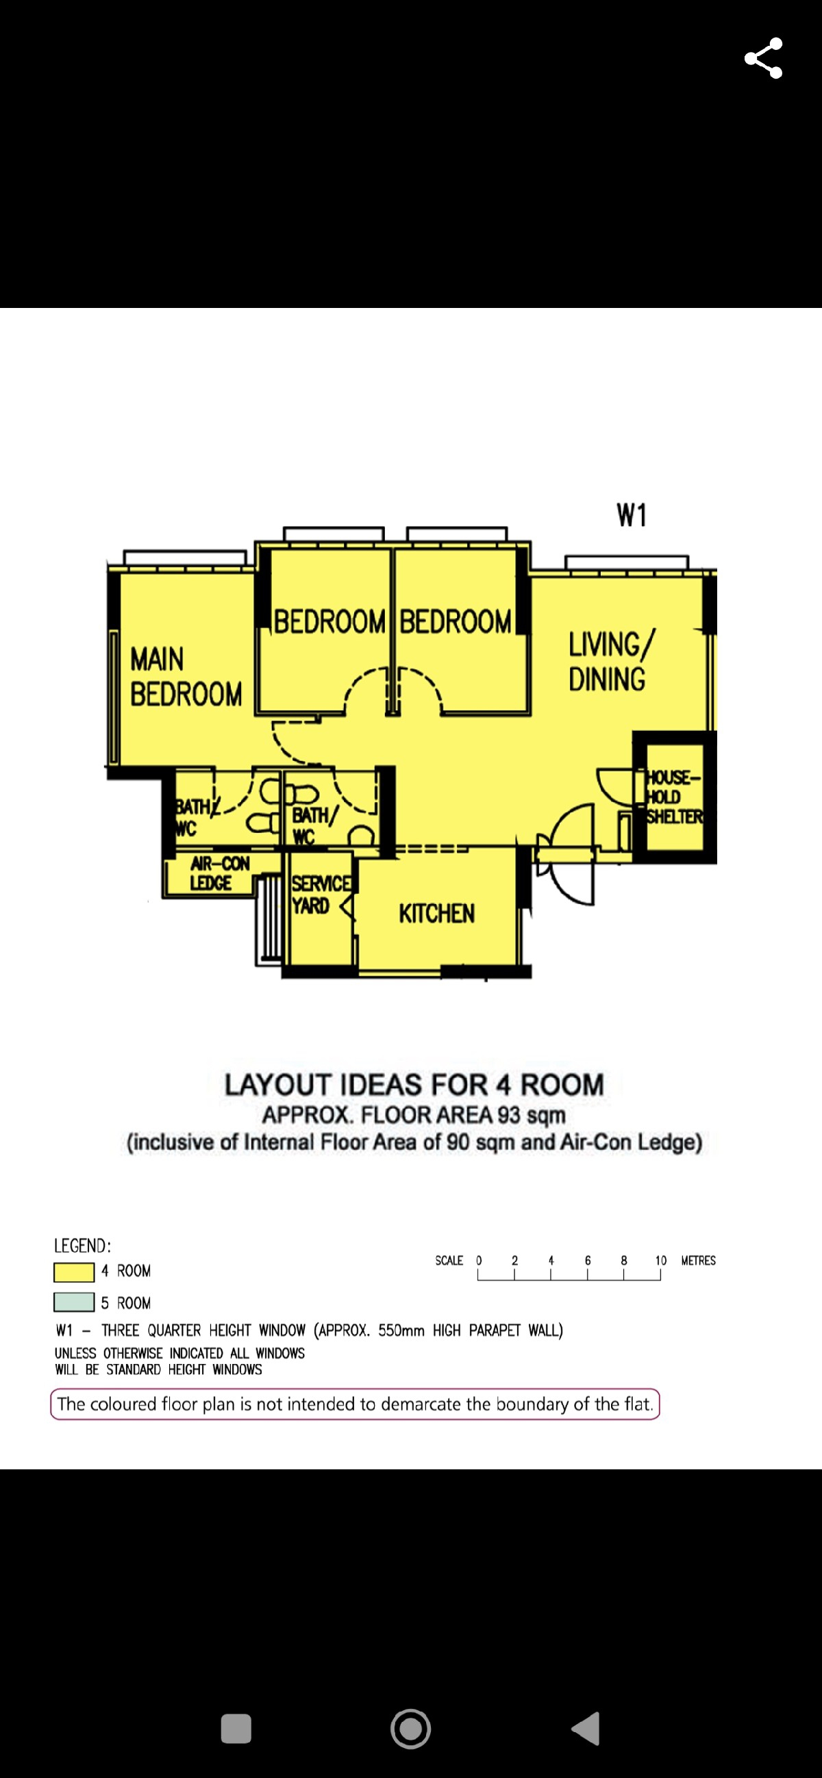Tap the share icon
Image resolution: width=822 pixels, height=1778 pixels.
[763, 58]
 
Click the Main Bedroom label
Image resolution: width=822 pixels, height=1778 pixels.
[186, 676]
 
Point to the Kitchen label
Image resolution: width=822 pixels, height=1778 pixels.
[436, 914]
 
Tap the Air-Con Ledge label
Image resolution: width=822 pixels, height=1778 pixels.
[220, 873]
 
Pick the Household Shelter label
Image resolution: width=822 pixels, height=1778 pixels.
[674, 797]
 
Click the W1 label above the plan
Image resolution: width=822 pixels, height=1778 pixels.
[632, 515]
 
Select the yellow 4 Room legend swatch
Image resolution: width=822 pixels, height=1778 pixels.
[74, 1272]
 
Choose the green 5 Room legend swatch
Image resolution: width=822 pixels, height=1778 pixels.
[74, 1302]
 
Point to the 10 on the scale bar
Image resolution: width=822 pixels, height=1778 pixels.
[661, 1261]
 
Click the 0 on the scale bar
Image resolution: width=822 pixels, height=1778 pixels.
[479, 1261]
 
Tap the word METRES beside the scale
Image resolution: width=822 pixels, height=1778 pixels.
[698, 1261]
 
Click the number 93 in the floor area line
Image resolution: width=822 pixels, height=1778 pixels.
[508, 1115]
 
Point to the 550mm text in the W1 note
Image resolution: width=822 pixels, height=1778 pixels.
[401, 1330]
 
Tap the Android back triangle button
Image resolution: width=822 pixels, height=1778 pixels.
[586, 1728]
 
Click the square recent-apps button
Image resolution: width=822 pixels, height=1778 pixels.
[236, 1728]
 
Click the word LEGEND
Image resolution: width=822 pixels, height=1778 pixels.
[82, 1246]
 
